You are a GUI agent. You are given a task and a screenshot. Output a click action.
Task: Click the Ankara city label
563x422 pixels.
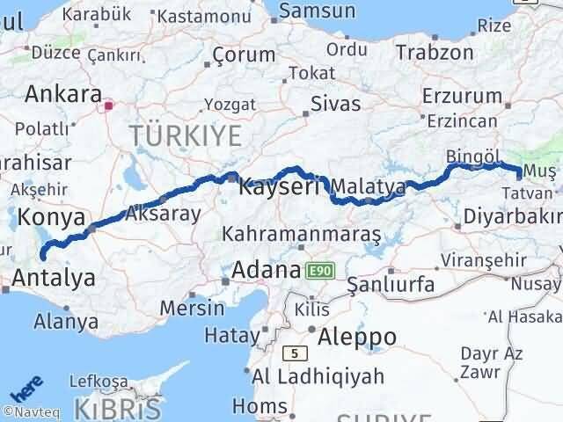tap(63, 93)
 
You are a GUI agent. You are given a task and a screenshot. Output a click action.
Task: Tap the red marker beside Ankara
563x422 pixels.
tap(108, 107)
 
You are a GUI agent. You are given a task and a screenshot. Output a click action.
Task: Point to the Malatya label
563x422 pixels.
tap(369, 186)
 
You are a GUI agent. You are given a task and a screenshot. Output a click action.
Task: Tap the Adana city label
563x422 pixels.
tap(266, 270)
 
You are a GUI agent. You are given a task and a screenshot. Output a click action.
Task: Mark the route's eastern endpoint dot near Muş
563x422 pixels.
tap(519, 178)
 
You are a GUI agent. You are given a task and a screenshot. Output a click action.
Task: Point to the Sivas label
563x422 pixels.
tap(335, 104)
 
